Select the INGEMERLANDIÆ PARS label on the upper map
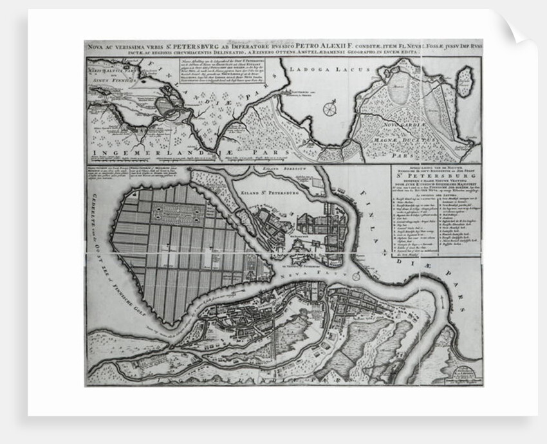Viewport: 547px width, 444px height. pos(174,153)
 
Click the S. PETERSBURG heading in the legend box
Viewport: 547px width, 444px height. pos(436,187)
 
